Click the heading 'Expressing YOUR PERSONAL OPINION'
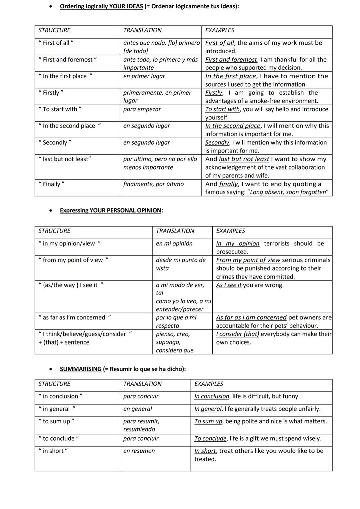111,211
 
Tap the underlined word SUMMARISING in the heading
81,369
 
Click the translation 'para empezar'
142,109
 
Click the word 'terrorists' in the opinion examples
277,244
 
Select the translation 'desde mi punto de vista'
180,264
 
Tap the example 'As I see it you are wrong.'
250,285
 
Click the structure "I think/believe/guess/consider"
85,334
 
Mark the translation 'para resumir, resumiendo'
141,425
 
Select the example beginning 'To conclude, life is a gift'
258,439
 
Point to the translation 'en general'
137,409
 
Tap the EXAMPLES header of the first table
220,30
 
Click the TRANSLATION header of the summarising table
142,384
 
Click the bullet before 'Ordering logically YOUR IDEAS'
50,6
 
